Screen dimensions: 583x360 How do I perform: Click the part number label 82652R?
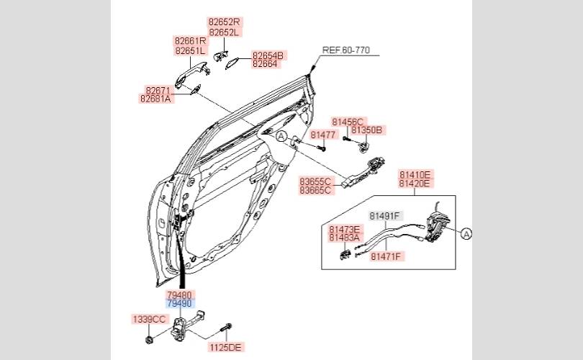pyautogui.click(x=224, y=22)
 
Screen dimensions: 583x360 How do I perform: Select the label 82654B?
pyautogui.click(x=268, y=55)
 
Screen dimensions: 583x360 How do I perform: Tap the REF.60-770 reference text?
pyautogui.click(x=345, y=50)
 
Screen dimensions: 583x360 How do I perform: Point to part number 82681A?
pyautogui.click(x=155, y=99)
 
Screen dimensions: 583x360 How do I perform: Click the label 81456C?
pyautogui.click(x=347, y=122)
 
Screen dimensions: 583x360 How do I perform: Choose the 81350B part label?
pyautogui.click(x=366, y=130)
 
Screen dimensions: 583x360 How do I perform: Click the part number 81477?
pyautogui.click(x=322, y=135)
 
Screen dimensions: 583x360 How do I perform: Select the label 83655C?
pyautogui.click(x=315, y=182)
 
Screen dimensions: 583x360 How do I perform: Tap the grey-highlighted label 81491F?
pyautogui.click(x=384, y=216)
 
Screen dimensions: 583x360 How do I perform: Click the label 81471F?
pyautogui.click(x=386, y=256)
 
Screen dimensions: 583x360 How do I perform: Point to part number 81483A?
pyautogui.click(x=344, y=238)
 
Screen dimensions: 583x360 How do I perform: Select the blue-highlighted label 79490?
pyautogui.click(x=179, y=304)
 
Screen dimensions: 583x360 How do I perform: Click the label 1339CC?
pyautogui.click(x=149, y=320)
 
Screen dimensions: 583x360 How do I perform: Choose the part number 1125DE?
pyautogui.click(x=226, y=348)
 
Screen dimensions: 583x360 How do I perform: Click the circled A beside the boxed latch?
pyautogui.click(x=466, y=234)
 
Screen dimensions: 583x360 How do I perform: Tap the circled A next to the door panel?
pyautogui.click(x=281, y=137)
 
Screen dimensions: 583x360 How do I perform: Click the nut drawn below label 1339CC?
pyautogui.click(x=149, y=340)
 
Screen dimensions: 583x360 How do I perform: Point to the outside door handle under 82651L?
pyautogui.click(x=191, y=73)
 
